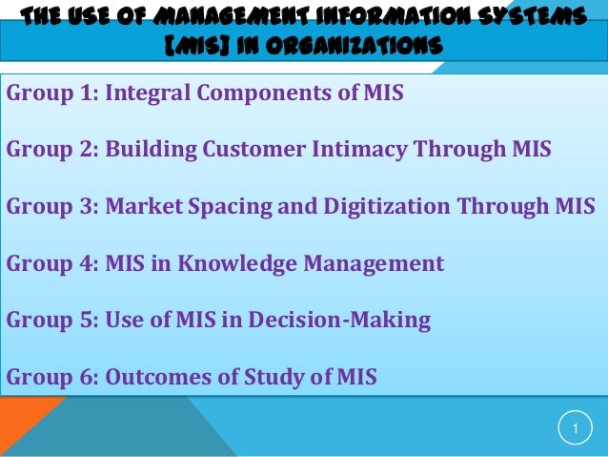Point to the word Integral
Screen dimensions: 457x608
148,93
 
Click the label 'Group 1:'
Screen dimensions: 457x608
51,93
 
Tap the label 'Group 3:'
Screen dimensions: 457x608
51,207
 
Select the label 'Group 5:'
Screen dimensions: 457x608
51,321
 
